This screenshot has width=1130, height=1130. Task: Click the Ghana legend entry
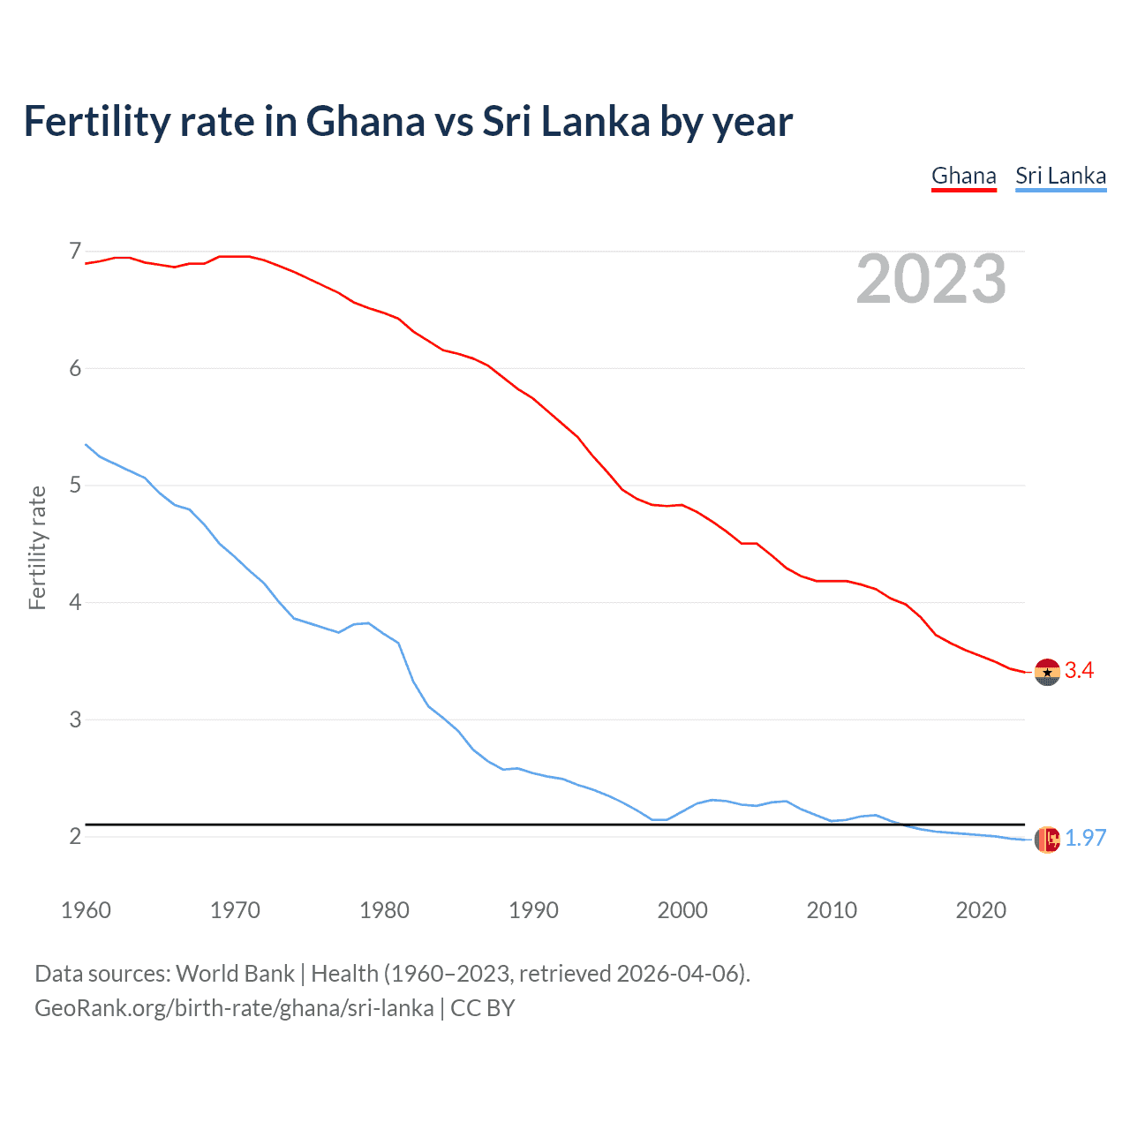coord(963,176)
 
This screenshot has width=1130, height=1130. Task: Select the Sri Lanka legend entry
coord(1060,176)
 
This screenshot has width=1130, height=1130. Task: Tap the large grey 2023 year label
coord(931,279)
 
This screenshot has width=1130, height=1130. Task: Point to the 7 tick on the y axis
coord(75,252)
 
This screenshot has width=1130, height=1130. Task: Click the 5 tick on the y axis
coord(75,485)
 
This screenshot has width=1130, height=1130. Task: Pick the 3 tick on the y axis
coord(75,719)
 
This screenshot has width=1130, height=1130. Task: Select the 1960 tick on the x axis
coord(86,910)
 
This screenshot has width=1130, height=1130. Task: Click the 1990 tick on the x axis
coord(533,910)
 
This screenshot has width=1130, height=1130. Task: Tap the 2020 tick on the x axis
coord(981,910)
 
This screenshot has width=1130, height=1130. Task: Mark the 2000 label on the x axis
coord(682,910)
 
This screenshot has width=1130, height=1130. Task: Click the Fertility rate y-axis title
coord(37,547)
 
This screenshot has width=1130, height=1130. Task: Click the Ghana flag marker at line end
coord(1047,672)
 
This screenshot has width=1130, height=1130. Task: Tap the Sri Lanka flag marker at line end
coord(1047,840)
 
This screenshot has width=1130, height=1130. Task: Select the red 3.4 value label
coord(1079,671)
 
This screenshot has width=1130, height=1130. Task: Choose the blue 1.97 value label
coord(1085,839)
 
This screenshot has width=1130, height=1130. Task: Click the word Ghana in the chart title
coord(365,121)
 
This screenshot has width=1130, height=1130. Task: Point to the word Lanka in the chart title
coord(595,121)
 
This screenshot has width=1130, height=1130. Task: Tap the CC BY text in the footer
coord(483,1008)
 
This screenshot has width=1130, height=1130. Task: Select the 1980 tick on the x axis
coord(384,910)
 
